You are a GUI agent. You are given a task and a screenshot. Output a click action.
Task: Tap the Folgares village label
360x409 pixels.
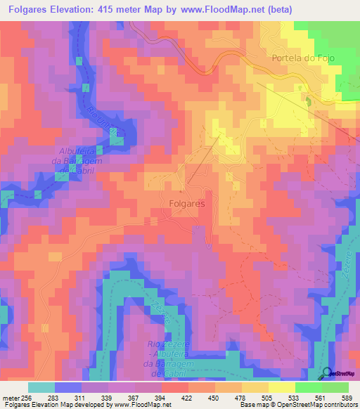(187, 203)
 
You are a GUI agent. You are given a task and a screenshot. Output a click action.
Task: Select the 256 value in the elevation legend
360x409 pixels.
(26, 396)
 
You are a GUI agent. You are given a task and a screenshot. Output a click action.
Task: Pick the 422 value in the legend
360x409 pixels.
(187, 396)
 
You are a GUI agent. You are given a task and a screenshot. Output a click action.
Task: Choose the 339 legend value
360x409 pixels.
(107, 396)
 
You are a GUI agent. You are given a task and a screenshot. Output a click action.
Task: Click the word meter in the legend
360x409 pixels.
(10, 396)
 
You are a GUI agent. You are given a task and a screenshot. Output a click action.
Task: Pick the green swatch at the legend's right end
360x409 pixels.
(335, 387)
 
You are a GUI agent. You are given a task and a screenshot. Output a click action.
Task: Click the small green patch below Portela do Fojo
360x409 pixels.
(307, 100)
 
